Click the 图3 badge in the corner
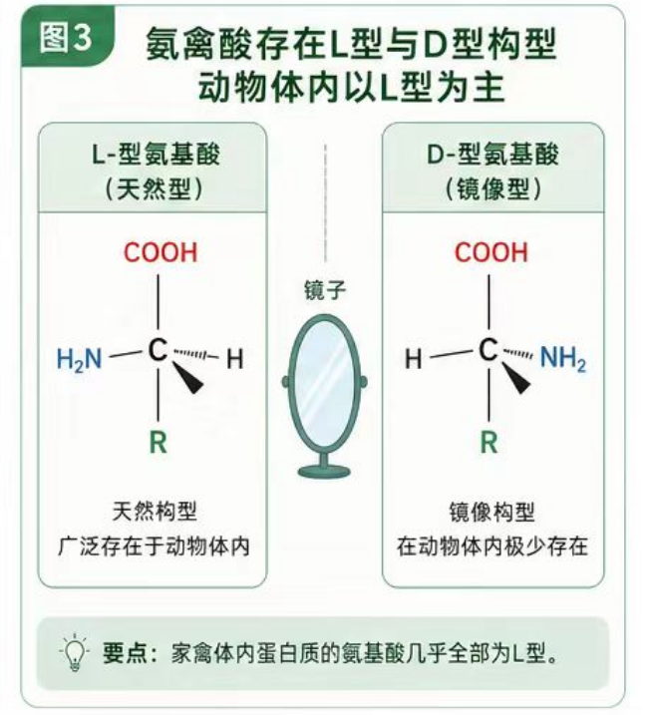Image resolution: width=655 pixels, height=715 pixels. pos(67,37)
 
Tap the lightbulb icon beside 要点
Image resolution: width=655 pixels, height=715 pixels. pos(75,652)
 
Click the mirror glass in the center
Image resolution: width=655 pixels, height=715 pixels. pos(324,384)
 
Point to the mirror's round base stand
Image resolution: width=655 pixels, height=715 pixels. pos(324,470)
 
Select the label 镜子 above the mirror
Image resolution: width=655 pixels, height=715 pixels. pos(325,290)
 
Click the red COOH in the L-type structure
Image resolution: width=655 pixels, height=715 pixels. pos(161,252)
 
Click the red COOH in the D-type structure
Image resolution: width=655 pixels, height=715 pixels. pos(491,252)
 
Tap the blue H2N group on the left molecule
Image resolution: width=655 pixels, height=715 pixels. pos(79,359)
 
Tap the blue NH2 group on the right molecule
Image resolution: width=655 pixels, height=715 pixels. pos(563,357)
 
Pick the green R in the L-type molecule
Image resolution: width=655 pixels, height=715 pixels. pos(159,443)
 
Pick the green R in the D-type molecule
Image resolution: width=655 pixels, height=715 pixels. pos(489,443)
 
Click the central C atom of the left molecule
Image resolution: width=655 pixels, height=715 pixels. pos(158,350)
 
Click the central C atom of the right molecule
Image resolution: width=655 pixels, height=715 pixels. pos(489,350)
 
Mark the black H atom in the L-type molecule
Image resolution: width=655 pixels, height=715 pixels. pos(234,359)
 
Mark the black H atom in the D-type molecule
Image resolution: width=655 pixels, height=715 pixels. pos(414,359)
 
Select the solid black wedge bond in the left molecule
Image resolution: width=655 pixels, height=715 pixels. pos(187,378)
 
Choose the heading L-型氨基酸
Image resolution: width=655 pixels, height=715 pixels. pos(156,155)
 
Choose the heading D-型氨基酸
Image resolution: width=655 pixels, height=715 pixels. pos(492,155)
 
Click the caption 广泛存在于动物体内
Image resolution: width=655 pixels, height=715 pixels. pos(155,546)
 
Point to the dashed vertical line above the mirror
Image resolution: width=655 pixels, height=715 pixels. pos(325,202)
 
